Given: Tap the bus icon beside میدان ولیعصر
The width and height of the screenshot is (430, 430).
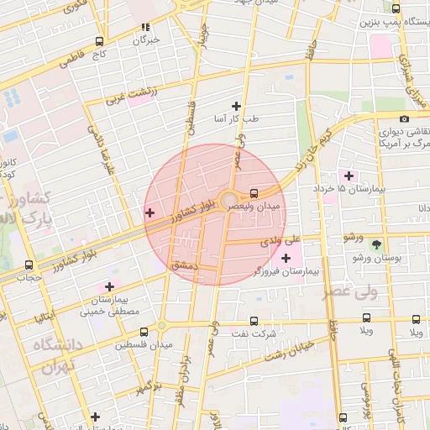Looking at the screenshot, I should point(254,192).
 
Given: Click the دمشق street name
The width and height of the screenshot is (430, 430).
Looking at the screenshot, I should point(183,265).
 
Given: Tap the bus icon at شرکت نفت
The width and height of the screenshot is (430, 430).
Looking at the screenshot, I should point(254,321).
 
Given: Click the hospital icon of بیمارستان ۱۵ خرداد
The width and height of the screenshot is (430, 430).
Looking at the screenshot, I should point(349,176).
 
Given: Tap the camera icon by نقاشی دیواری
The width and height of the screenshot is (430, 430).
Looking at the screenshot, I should point(405,119).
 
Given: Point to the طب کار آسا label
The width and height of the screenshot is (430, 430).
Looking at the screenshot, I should point(236,120).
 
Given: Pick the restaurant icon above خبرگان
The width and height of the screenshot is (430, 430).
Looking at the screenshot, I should point(146,26).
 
